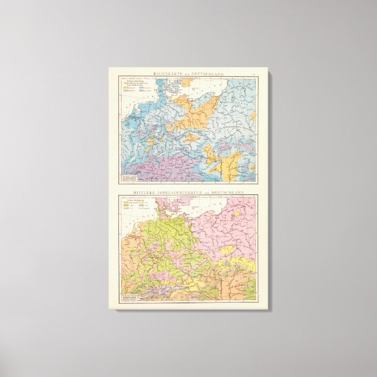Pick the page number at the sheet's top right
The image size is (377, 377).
point(253,73)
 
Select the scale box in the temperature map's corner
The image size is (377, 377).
point(129,297)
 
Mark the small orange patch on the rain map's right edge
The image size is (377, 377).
point(253,116)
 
